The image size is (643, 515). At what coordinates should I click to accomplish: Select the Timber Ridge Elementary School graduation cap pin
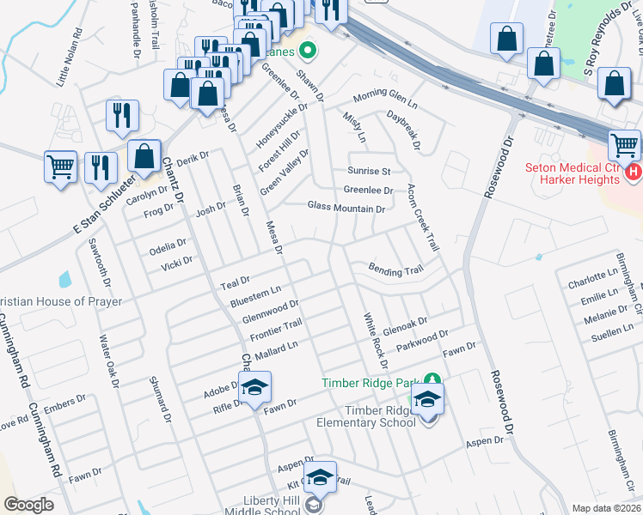(x=427, y=399)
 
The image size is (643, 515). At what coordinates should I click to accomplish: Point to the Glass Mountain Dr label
(x=346, y=209)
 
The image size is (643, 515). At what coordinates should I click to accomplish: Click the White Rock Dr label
(x=376, y=340)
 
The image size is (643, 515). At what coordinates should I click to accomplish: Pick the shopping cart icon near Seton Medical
(x=624, y=144)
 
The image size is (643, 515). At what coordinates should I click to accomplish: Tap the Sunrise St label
(x=369, y=171)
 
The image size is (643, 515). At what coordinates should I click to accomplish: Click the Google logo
(x=28, y=505)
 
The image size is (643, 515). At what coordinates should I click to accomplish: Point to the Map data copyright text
(x=607, y=508)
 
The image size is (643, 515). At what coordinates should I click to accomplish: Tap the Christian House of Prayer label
(x=61, y=301)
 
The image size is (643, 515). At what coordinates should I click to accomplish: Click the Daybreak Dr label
(x=403, y=130)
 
